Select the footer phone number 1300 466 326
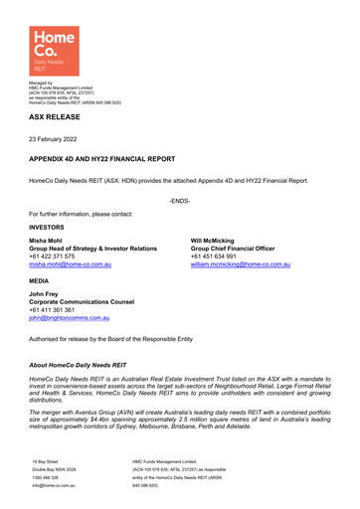click(x=47, y=478)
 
